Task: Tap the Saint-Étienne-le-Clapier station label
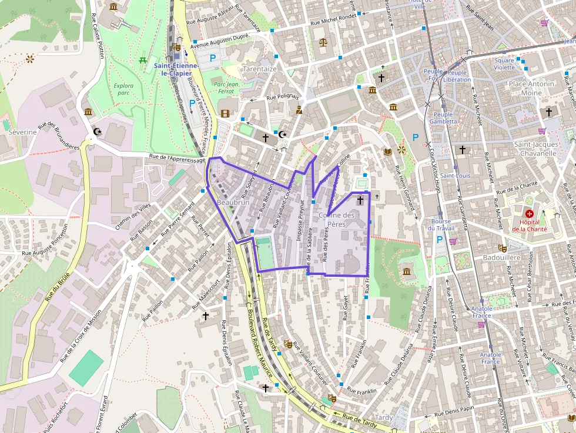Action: click(x=176, y=69)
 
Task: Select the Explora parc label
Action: click(x=123, y=89)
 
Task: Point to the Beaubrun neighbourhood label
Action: click(x=233, y=202)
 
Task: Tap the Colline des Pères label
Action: click(x=336, y=219)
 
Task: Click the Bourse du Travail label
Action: click(x=441, y=224)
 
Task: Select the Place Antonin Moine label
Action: click(x=531, y=88)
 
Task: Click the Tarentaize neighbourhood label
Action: click(x=259, y=69)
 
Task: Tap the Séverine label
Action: click(x=22, y=132)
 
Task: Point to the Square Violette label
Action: click(x=504, y=63)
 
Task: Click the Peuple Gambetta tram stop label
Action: click(x=443, y=118)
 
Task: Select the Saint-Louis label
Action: click(x=455, y=175)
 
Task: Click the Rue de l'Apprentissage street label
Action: click(x=177, y=159)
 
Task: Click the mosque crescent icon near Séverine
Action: click(x=98, y=132)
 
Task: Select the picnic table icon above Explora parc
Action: click(x=143, y=60)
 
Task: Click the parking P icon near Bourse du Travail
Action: click(x=439, y=239)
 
